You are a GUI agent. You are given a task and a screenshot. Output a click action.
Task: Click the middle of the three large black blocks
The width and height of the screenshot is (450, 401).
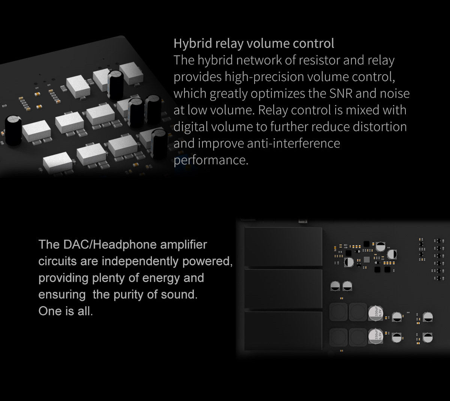pyautogui.click(x=283, y=288)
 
